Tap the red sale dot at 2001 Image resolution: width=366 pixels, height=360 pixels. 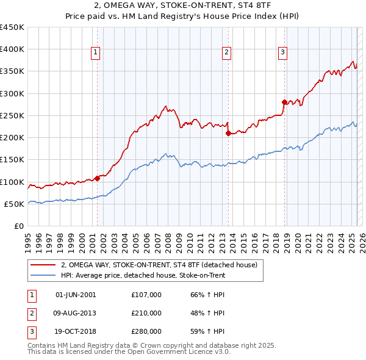[97, 179]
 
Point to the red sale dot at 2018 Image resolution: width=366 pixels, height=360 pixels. [284, 102]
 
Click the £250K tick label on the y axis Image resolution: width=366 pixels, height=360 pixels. [12, 115]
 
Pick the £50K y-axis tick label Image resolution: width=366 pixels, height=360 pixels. [15, 204]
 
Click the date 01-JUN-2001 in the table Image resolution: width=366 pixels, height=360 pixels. [75, 295]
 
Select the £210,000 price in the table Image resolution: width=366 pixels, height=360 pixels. [146, 313]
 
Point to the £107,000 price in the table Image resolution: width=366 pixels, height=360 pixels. [146, 295]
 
